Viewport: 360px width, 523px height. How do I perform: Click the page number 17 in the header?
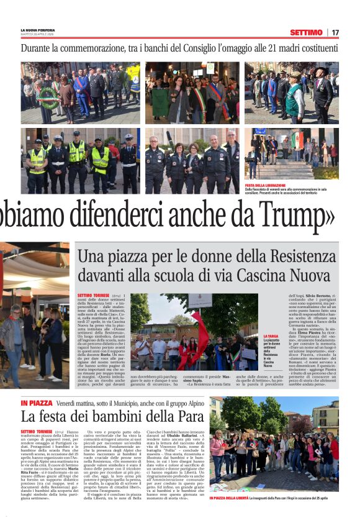click(335, 32)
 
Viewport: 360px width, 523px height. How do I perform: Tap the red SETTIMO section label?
click(305, 32)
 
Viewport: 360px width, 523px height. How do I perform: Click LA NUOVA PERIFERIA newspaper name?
click(39, 30)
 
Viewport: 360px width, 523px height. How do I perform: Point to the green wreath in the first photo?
click(48, 98)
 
